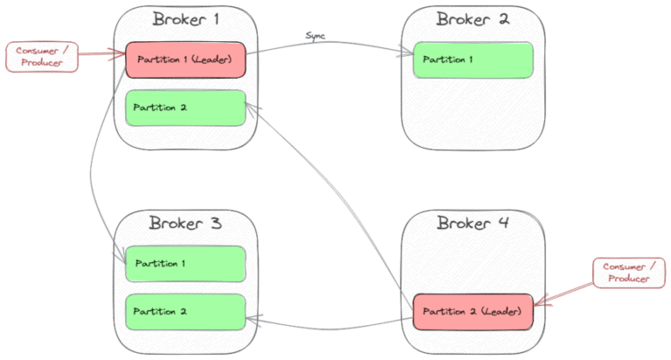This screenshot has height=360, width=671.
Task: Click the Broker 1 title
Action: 184,19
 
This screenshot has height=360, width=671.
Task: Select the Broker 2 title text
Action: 473,19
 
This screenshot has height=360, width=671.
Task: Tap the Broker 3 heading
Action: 184,223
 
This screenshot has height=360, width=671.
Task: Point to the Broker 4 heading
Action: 473,223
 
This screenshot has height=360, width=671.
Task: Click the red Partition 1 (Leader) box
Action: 185,59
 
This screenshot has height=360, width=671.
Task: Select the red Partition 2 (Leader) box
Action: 473,311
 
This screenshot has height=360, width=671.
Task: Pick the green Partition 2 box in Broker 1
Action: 185,107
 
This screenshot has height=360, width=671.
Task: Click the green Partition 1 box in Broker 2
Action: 473,59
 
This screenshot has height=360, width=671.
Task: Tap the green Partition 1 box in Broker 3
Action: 185,263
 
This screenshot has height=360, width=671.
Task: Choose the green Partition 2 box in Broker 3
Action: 185,311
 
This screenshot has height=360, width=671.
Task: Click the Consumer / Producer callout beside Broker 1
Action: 43,56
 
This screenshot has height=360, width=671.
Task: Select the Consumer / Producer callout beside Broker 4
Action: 628,272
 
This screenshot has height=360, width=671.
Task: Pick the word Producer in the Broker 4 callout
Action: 628,279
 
